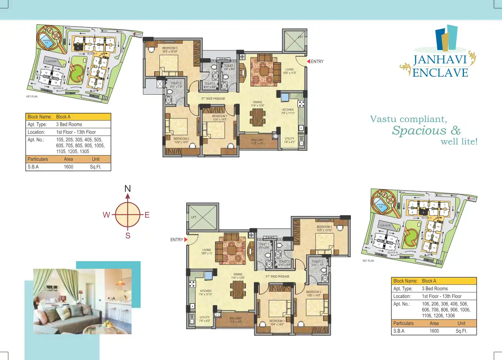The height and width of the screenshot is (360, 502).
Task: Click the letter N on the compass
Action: [x=128, y=189]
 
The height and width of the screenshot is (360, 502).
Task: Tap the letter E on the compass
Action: [x=147, y=215]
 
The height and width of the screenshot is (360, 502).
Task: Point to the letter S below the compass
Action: [x=128, y=236]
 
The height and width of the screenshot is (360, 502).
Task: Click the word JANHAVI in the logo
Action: [x=440, y=60]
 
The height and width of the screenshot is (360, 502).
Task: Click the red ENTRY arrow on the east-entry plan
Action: [x=308, y=62]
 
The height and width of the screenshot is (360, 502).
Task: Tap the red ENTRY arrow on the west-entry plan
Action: [x=186, y=239]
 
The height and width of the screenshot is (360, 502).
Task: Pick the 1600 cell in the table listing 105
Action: [x=68, y=167]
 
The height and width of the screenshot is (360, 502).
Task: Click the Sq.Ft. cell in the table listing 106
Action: [x=461, y=331]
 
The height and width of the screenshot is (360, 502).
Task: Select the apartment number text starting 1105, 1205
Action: [x=72, y=151]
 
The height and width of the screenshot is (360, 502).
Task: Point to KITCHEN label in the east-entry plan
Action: [x=288, y=110]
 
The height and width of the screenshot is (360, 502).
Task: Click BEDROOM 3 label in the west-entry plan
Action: [x=324, y=227]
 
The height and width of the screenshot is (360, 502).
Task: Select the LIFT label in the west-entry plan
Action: [x=194, y=217]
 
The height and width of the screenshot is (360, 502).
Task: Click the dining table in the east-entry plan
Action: [x=258, y=117]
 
